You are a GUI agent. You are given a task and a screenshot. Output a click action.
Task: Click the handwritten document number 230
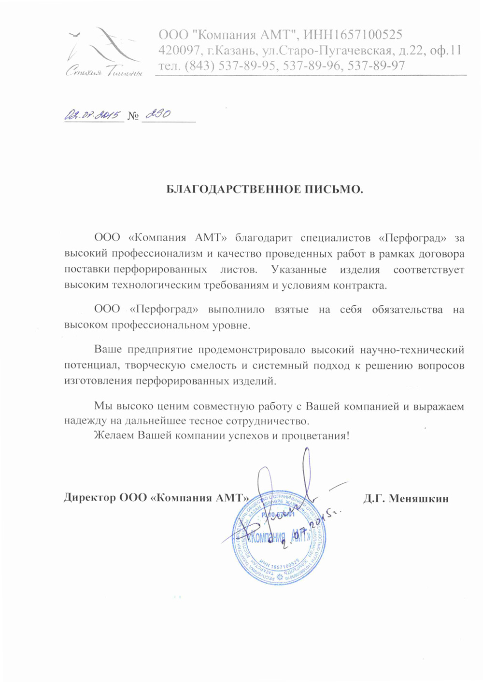click(x=157, y=114)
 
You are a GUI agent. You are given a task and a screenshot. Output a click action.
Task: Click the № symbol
click(x=133, y=116)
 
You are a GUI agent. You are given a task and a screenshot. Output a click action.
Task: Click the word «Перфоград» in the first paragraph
click(x=412, y=238)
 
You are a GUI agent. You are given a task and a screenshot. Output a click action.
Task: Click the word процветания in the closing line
click(x=316, y=436)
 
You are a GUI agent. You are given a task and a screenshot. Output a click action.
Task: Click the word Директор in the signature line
click(x=89, y=498)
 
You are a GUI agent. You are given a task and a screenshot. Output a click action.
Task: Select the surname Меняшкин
click(x=419, y=498)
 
